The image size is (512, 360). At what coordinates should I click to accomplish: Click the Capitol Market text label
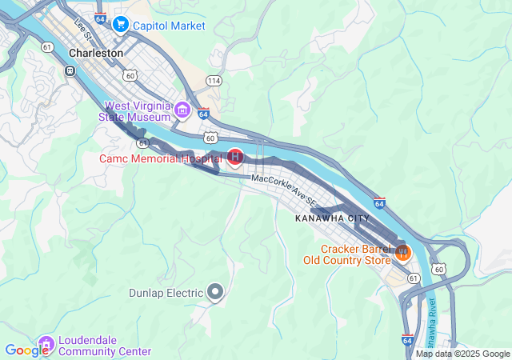coord(170,26)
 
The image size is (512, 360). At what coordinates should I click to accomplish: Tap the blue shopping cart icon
coord(120,25)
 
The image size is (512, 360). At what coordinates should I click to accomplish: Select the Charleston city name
coord(96,53)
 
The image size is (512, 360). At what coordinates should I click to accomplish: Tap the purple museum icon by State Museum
coord(182,110)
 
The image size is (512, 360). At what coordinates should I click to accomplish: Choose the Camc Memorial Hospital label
coord(159,158)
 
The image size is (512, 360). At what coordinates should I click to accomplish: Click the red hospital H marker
coord(235,157)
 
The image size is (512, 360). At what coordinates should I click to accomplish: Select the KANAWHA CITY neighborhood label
coord(332,218)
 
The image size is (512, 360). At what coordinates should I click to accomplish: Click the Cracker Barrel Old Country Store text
coord(346,254)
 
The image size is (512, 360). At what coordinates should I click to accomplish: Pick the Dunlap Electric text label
coord(166,293)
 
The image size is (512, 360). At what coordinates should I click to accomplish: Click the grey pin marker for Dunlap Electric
coord(214,293)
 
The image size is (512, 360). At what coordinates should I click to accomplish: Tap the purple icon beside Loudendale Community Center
coord(46,344)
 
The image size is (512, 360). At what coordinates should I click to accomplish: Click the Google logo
coord(26,350)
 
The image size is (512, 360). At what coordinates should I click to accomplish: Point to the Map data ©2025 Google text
coord(462,354)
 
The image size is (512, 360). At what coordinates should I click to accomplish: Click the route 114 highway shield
coord(213,81)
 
